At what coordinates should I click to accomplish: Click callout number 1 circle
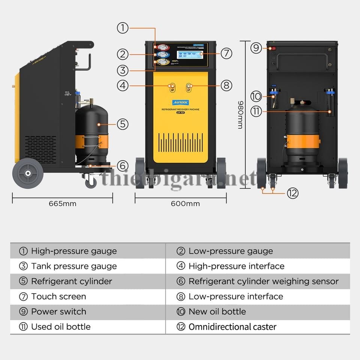pos(123,28)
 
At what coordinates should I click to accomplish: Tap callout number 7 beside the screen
pos(226,53)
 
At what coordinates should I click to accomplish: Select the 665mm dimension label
pos(62,204)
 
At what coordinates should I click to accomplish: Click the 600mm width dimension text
pos(185,204)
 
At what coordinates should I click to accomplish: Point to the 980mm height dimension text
pos(240,115)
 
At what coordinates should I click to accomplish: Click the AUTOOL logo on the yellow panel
pos(180,102)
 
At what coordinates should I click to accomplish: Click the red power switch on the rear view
pos(273,48)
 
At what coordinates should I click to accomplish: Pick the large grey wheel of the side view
pos(28,173)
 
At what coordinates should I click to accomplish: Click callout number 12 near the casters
pos(292,193)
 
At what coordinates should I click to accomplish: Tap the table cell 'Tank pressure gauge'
pos(74,266)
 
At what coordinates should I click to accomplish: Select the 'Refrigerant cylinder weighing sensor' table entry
pos(263,281)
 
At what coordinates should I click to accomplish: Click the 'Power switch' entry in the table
pos(58,312)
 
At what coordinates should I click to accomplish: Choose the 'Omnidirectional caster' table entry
pos(232,327)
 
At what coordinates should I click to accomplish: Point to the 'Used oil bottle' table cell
pos(61,327)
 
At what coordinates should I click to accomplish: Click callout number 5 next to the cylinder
pos(123,124)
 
